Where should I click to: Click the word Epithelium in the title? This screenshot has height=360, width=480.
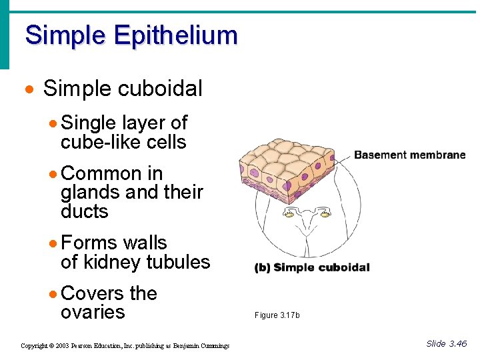click(x=176, y=35)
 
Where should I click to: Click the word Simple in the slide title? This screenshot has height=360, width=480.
click(x=65, y=35)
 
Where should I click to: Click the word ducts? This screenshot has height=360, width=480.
click(x=84, y=212)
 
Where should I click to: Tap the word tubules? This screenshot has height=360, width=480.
click(x=180, y=263)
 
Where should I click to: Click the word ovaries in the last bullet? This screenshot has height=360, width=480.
click(x=93, y=313)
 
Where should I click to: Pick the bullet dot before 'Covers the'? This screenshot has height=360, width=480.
click(x=53, y=295)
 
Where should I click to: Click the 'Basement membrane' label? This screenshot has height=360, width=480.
click(x=409, y=155)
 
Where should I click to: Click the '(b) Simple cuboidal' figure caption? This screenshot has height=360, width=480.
click(x=311, y=268)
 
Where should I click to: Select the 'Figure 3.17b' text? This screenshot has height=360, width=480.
click(x=277, y=315)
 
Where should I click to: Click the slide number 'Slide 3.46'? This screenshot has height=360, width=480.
click(x=446, y=344)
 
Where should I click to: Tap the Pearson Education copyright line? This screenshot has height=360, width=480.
click(x=125, y=345)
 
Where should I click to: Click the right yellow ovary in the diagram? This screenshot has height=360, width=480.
click(x=327, y=213)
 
